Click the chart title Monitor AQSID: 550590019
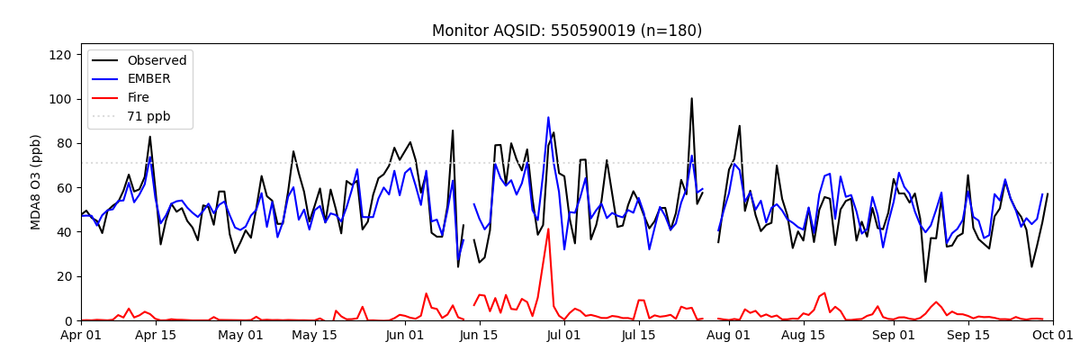pos(567,31)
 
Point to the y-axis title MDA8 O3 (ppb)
pos(36,182)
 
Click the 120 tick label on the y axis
pos(58,55)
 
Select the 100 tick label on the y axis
pos(58,99)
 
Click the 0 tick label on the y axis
pos(67,321)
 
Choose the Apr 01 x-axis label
pos(81,336)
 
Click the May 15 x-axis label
pos(315,336)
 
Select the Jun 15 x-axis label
pos(480,336)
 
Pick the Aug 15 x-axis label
pos(804,336)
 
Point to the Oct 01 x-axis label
pos(1052,336)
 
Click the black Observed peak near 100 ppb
pos(692,99)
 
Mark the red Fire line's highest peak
pos(548,229)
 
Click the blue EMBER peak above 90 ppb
pos(548,117)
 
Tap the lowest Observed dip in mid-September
pos(925,282)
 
